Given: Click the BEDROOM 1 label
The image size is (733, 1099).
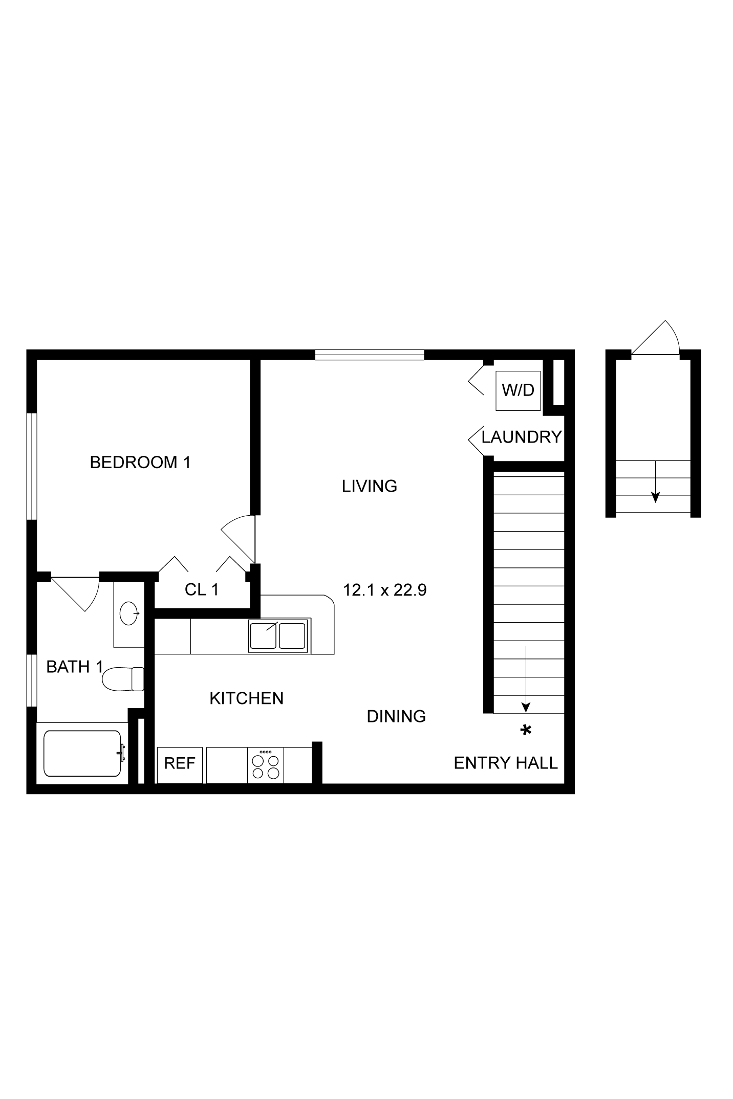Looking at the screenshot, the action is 140,463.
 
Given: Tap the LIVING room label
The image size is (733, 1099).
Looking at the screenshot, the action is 370,486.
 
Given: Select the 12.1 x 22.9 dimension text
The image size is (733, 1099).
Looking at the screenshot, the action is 385,590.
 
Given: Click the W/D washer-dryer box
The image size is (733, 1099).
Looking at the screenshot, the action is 518,390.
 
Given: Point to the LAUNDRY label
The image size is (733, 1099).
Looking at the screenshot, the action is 522,437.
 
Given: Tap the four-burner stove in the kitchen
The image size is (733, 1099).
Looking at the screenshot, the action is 266,765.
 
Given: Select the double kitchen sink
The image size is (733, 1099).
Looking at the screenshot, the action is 279,635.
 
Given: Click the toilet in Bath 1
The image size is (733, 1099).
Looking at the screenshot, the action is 123,679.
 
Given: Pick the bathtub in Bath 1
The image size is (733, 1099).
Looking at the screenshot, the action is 83,753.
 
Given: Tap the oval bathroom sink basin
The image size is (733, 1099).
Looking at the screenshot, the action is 129,612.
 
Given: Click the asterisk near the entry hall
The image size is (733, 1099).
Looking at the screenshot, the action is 526,730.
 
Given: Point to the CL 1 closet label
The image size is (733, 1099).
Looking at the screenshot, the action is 202,590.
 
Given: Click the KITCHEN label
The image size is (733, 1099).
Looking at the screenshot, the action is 247,698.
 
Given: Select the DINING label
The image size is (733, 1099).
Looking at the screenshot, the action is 397,716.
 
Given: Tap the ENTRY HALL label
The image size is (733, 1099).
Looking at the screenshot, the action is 506,763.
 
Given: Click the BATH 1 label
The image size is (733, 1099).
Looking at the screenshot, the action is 75,667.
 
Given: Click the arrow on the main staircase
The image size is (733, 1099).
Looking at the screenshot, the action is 526,678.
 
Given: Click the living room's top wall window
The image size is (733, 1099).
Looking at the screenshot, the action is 370,355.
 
